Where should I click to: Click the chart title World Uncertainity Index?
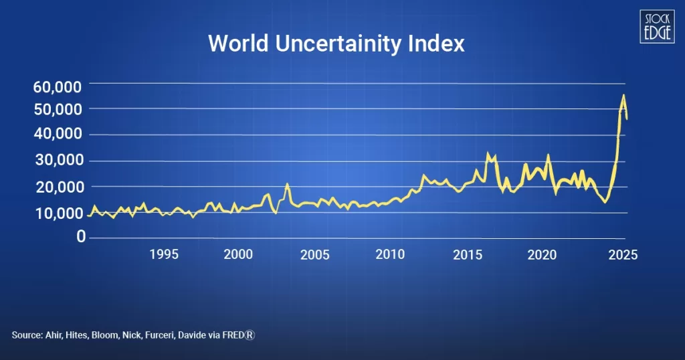tap(336, 44)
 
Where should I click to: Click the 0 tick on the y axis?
tap(80, 236)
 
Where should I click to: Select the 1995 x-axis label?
tap(163, 254)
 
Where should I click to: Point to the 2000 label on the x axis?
tap(238, 254)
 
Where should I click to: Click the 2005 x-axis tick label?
tap(315, 254)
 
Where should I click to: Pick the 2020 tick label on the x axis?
tap(542, 254)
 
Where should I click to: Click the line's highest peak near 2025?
tap(623, 96)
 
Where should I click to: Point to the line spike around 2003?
tap(287, 184)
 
